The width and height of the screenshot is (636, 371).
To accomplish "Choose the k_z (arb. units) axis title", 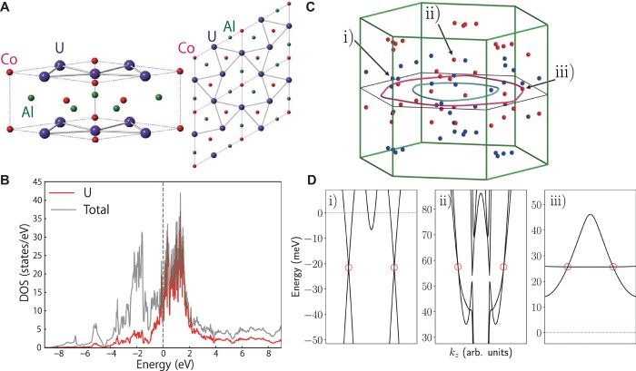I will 477,363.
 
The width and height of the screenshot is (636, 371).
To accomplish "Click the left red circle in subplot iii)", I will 568,267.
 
